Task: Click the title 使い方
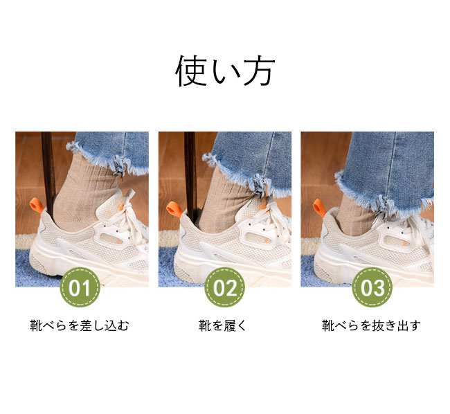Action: (225, 71)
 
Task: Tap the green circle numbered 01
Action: (80, 287)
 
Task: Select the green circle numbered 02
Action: (225, 287)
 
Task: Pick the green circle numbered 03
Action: (372, 287)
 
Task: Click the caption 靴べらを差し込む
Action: (80, 325)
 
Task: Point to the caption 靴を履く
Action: (223, 325)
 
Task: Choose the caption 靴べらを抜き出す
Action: (371, 325)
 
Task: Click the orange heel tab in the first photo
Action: (37, 205)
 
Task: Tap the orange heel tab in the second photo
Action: (174, 208)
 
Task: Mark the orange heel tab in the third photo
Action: (320, 208)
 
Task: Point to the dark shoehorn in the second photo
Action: (190, 175)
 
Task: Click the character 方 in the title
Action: (259, 71)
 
